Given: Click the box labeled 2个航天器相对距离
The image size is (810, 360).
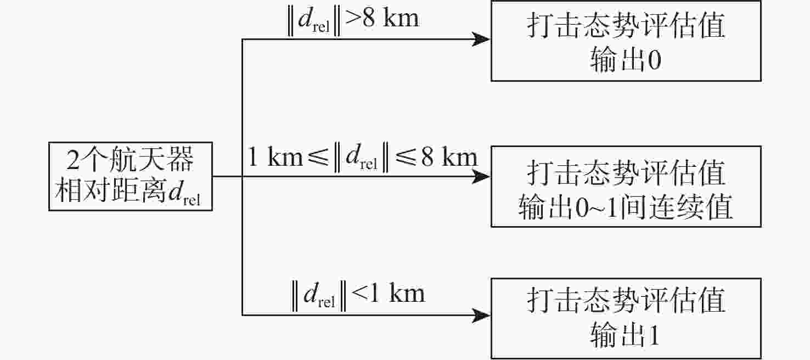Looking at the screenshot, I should point(131,177).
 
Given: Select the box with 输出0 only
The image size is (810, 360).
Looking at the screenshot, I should point(626,41).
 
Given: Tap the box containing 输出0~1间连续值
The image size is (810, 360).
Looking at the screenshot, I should point(626,187).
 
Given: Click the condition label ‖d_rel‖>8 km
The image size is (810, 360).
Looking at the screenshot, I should point(353,19).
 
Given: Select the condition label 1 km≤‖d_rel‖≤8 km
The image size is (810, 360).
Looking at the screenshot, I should point(363,158).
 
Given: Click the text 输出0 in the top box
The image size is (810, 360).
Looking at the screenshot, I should point(626,61).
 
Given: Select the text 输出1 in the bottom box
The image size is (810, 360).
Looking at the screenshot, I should point(625,336).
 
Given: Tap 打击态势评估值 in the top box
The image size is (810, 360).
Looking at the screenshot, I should point(626,26).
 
